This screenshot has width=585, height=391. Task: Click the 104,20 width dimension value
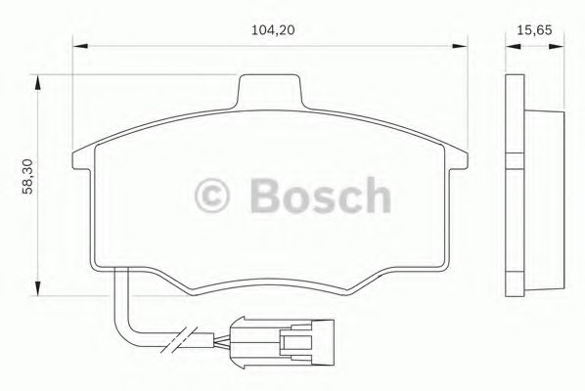tap(273, 30)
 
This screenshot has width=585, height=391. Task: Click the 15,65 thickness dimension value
tap(534, 30)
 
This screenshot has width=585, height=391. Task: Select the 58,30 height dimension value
tap(27, 176)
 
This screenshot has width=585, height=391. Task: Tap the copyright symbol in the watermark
tap(212, 195)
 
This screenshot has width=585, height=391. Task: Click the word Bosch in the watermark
tap(321, 195)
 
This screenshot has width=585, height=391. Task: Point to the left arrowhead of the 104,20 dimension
tap(80, 46)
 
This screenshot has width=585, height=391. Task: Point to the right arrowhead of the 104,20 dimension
tap(459, 46)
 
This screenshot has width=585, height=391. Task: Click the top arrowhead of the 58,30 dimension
tap(37, 82)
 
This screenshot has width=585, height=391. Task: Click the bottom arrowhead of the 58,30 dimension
tap(37, 288)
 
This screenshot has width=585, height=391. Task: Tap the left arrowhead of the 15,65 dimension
tap(513, 47)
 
